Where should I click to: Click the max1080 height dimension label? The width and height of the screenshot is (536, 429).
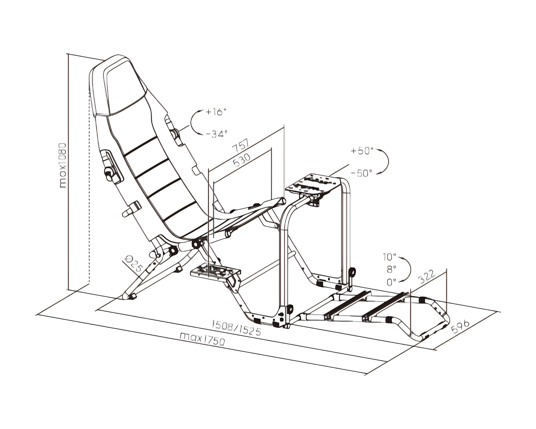tap(63, 165)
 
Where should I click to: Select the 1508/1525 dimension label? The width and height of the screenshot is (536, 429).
tap(236, 328)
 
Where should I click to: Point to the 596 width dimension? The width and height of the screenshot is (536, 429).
tap(460, 327)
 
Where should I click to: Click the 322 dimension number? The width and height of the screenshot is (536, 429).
tap(427, 276)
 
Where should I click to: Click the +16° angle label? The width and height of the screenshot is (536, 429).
tap(217, 112)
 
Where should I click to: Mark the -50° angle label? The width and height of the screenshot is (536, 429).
tap(362, 173)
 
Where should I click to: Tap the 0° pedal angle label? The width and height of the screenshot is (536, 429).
tap(391, 282)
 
